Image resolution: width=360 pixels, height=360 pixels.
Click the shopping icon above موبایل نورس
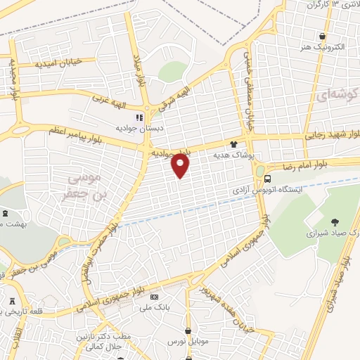(x=189, y=330)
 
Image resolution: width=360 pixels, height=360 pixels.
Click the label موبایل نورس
(x=188, y=342)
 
